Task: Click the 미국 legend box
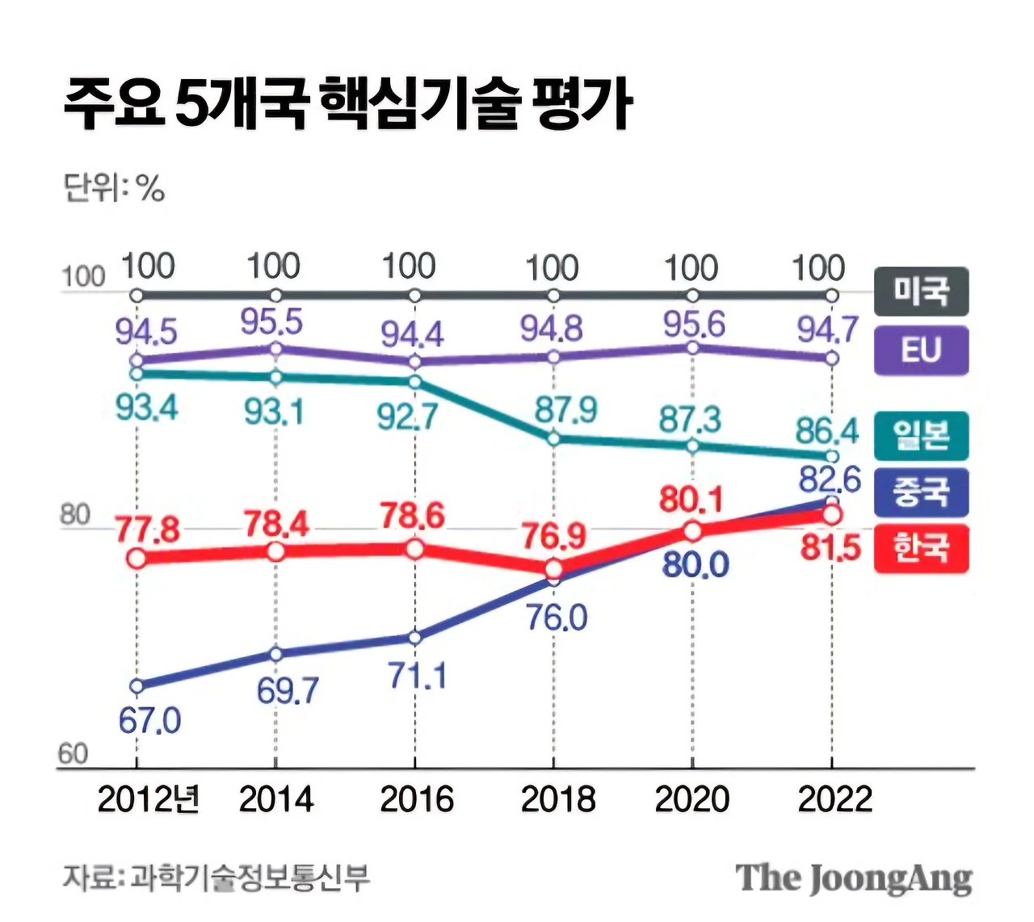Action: pyautogui.click(x=921, y=291)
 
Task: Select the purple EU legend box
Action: pyautogui.click(x=921, y=350)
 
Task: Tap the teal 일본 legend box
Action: pyautogui.click(x=921, y=436)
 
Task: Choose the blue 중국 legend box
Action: pyautogui.click(x=921, y=492)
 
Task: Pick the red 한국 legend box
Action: pyautogui.click(x=921, y=549)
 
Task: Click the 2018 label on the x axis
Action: pyautogui.click(x=557, y=799)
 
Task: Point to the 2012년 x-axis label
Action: pyautogui.click(x=149, y=799)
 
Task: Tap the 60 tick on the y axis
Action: pyautogui.click(x=73, y=753)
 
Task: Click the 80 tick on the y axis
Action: pyautogui.click(x=74, y=514)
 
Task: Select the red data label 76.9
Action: pyautogui.click(x=554, y=535)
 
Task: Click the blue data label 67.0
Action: pyautogui.click(x=150, y=720)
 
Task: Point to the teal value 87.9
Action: pyautogui.click(x=565, y=410)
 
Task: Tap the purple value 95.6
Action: pyautogui.click(x=694, y=325)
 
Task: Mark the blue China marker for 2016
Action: pyautogui.click(x=414, y=637)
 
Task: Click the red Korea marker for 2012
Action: pyautogui.click(x=137, y=558)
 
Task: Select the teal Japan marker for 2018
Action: pyautogui.click(x=553, y=439)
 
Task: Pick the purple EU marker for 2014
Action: pyautogui.click(x=275, y=349)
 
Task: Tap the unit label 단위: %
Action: pyautogui.click(x=114, y=189)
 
